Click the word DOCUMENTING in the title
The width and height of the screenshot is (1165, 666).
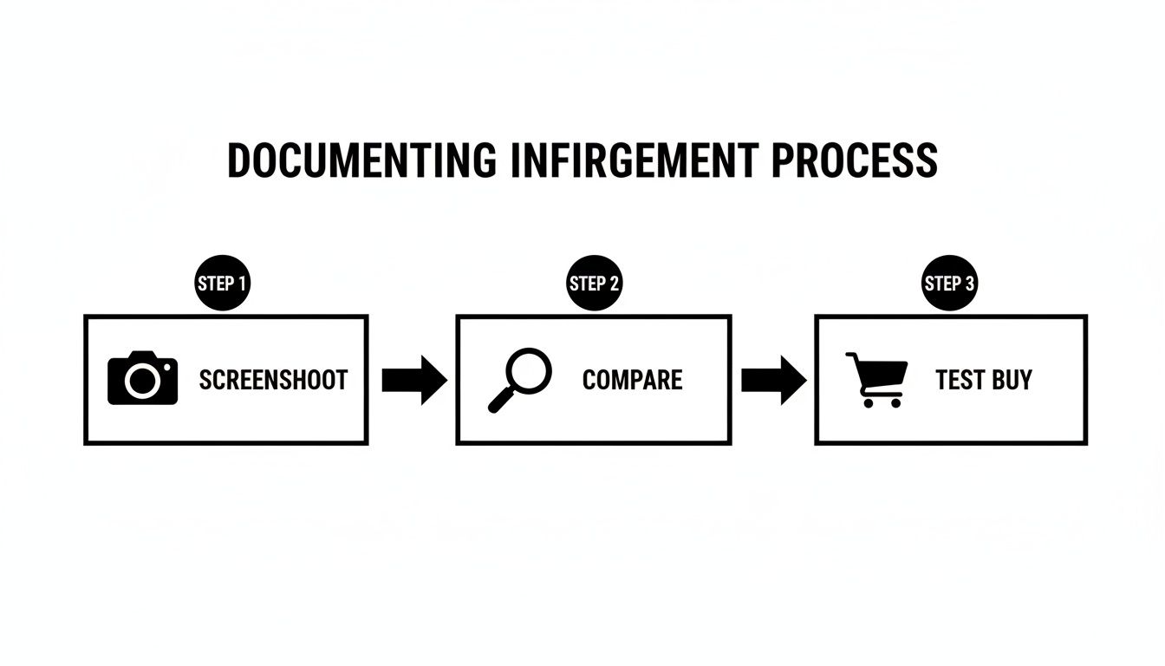click(361, 161)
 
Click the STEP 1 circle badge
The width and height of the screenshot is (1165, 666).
click(223, 284)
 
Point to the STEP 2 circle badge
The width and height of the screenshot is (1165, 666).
click(595, 284)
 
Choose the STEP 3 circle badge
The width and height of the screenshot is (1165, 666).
click(949, 284)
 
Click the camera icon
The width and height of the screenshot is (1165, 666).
click(142, 378)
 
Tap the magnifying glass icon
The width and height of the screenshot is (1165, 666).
click(520, 379)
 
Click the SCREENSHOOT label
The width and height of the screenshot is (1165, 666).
click(273, 380)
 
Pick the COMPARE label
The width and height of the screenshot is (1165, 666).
click(632, 380)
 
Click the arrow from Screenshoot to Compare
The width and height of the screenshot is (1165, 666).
click(413, 380)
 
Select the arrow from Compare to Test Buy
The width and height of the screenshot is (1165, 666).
click(773, 380)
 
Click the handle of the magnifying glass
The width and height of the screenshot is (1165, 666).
click(501, 401)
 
